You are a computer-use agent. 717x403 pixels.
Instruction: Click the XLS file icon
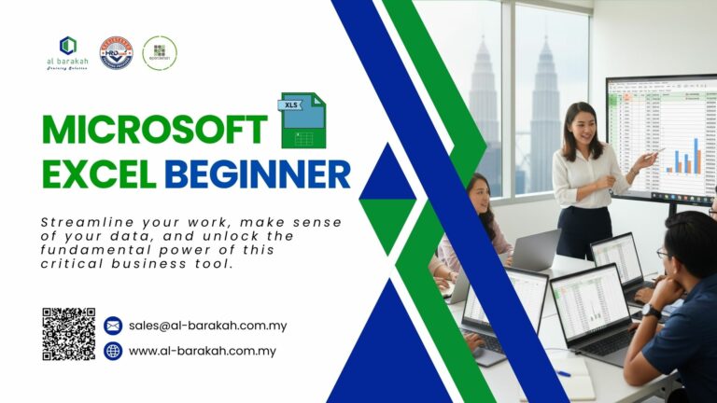302,121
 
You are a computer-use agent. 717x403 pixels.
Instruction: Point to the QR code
68,333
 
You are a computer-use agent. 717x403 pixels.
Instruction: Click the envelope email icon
113,326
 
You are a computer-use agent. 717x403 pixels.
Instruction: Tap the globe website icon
113,351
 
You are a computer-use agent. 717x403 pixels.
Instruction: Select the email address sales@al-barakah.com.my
208,326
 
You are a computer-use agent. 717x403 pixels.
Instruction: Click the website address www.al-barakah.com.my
203,351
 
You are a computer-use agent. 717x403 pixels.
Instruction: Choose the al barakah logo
67,54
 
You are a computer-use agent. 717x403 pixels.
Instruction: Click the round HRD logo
116,52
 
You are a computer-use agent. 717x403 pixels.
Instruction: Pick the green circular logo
160,52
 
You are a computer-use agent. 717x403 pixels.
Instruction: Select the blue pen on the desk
562,373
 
